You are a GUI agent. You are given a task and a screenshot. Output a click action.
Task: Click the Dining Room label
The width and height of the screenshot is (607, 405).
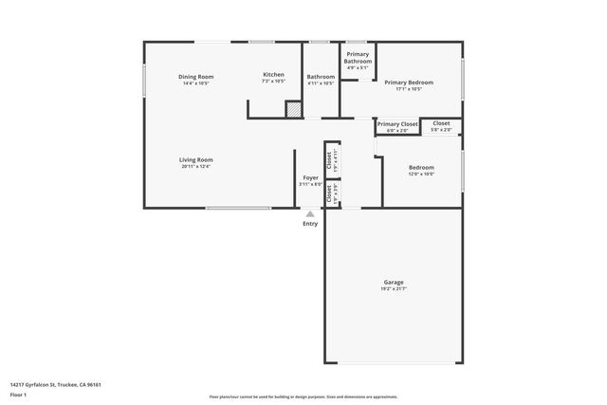tap(196, 76)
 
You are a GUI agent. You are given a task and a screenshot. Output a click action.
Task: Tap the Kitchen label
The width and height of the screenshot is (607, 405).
tap(273, 74)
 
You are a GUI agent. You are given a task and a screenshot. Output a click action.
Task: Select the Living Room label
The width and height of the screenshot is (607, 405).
tap(196, 159)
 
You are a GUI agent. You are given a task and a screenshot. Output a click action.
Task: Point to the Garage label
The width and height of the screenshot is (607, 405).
tap(394, 282)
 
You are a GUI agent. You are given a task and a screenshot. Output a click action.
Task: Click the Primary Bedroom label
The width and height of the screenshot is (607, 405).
tap(409, 83)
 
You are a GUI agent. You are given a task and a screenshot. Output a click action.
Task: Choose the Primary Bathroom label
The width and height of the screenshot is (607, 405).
tap(358, 58)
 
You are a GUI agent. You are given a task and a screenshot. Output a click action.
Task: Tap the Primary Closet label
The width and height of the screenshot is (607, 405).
tap(397, 123)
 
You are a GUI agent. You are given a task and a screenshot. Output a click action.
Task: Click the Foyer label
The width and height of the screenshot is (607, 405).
tap(310, 177)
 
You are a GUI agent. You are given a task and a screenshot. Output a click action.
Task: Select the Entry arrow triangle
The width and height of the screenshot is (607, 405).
tap(310, 214)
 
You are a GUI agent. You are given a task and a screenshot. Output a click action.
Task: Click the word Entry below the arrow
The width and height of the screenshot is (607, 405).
tap(310, 224)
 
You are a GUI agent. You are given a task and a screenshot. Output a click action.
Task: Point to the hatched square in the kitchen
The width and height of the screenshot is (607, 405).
tap(294, 110)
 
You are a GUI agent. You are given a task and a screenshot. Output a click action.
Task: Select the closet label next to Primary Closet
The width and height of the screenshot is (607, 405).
tap(442, 123)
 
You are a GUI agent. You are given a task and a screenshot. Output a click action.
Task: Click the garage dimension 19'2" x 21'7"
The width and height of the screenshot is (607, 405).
tap(394, 288)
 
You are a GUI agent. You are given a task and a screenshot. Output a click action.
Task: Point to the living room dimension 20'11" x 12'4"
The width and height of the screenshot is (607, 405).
tap(196, 166)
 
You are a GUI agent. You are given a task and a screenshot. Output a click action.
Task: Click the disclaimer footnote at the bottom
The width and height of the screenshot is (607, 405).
tap(303, 396)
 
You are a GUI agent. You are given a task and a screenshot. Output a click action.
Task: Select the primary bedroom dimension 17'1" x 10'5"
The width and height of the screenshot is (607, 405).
tap(409, 89)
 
